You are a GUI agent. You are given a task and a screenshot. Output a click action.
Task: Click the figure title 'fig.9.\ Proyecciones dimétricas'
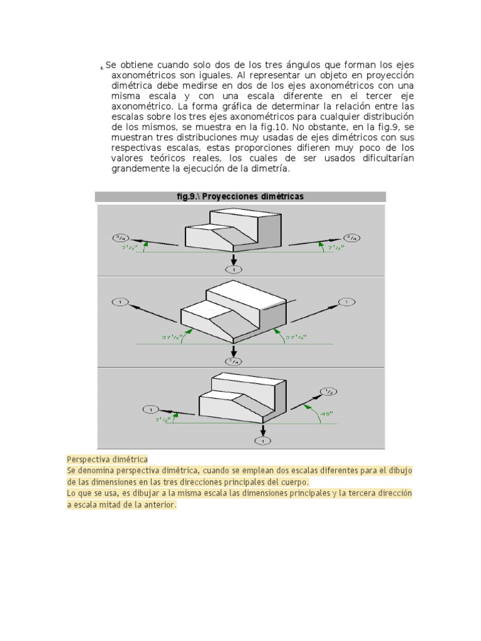[240, 197]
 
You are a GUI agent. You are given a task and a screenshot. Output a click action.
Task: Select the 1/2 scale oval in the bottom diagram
[329, 392]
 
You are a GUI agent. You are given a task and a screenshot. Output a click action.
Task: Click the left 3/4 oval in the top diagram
[120, 237]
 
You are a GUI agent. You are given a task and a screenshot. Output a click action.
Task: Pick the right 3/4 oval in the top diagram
[351, 237]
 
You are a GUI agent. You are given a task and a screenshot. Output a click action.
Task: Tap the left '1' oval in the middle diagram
[119, 302]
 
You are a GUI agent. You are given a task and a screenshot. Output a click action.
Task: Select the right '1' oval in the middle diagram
[346, 302]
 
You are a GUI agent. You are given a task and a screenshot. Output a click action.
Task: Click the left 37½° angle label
[173, 337]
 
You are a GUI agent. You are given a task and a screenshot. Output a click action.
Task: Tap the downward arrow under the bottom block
[263, 430]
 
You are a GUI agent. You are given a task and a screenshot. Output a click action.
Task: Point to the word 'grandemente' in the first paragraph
[138, 168]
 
